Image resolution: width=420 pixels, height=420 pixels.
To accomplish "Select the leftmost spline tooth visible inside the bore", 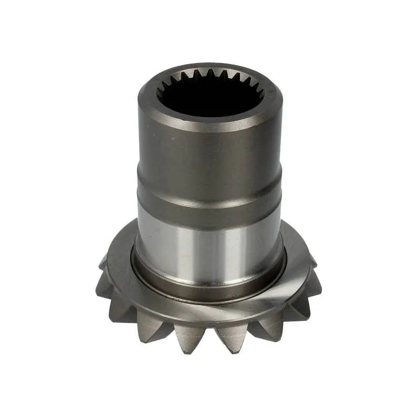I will tap(160, 94).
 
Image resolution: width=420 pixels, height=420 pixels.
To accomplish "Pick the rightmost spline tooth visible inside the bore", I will tap(261, 94).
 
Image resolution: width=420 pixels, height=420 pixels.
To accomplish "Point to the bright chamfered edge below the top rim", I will tap(210, 129).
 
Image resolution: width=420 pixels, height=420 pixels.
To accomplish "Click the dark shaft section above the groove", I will tap(210, 157).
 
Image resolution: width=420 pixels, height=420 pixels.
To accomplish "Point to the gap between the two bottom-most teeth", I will tap(210, 336).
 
